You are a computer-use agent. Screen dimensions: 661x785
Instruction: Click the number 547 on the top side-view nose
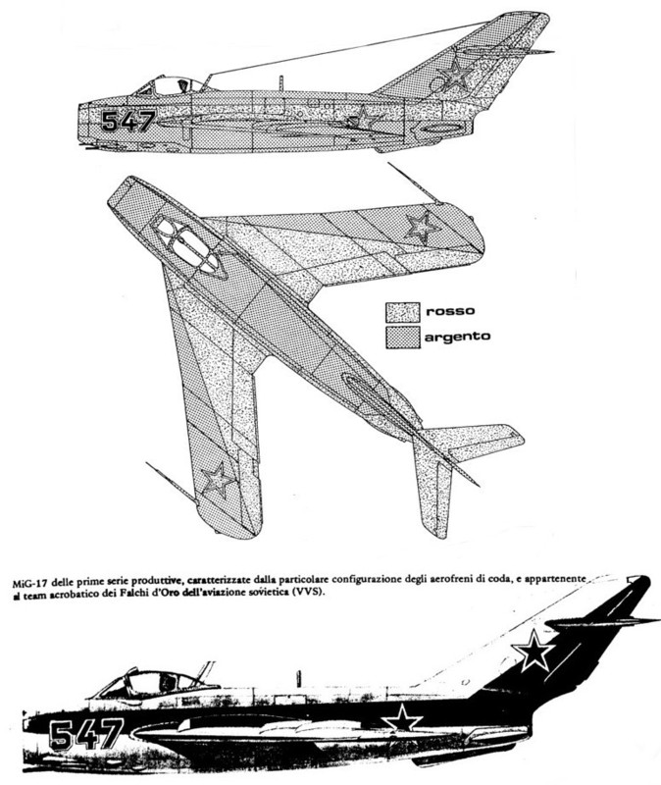coord(128,121)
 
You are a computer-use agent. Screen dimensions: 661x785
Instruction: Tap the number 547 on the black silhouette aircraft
coord(86,734)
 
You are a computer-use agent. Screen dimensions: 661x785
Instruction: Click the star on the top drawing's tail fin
coord(455,75)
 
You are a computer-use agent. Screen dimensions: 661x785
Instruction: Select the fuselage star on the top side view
coord(363,119)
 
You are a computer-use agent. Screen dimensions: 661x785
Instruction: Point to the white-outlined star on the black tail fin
coord(534,651)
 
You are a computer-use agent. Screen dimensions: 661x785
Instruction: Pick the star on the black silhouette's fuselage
coord(402,719)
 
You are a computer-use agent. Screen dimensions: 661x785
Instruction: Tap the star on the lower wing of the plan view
coord(218,480)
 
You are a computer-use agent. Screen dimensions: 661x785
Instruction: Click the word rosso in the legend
coord(450,311)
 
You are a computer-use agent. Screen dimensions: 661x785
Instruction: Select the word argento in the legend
coord(457,337)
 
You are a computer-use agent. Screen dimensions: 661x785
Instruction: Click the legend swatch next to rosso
coord(402,312)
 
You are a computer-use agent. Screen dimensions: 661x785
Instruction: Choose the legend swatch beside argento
coord(402,337)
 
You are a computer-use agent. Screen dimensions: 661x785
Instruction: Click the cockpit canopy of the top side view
coord(173,85)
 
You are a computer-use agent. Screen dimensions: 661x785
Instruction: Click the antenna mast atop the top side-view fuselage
coord(281,83)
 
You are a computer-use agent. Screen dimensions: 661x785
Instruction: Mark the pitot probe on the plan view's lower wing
coord(170,482)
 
